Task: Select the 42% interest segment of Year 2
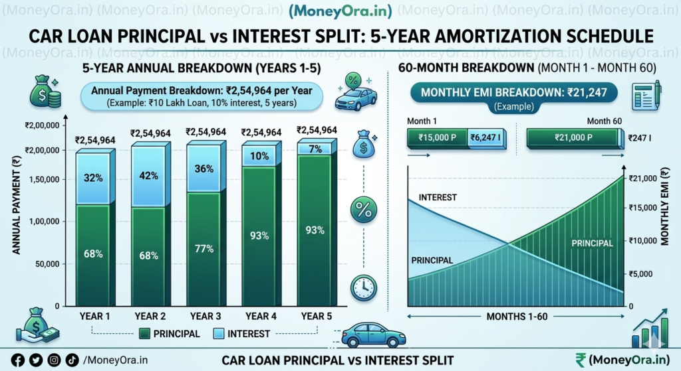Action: (149, 176)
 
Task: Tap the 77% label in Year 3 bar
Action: (204, 249)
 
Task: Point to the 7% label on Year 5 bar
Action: (315, 149)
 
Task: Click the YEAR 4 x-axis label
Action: (261, 316)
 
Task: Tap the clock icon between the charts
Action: (363, 287)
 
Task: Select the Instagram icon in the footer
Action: (53, 360)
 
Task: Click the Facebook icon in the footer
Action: (18, 360)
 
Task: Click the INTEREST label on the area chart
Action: (438, 197)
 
